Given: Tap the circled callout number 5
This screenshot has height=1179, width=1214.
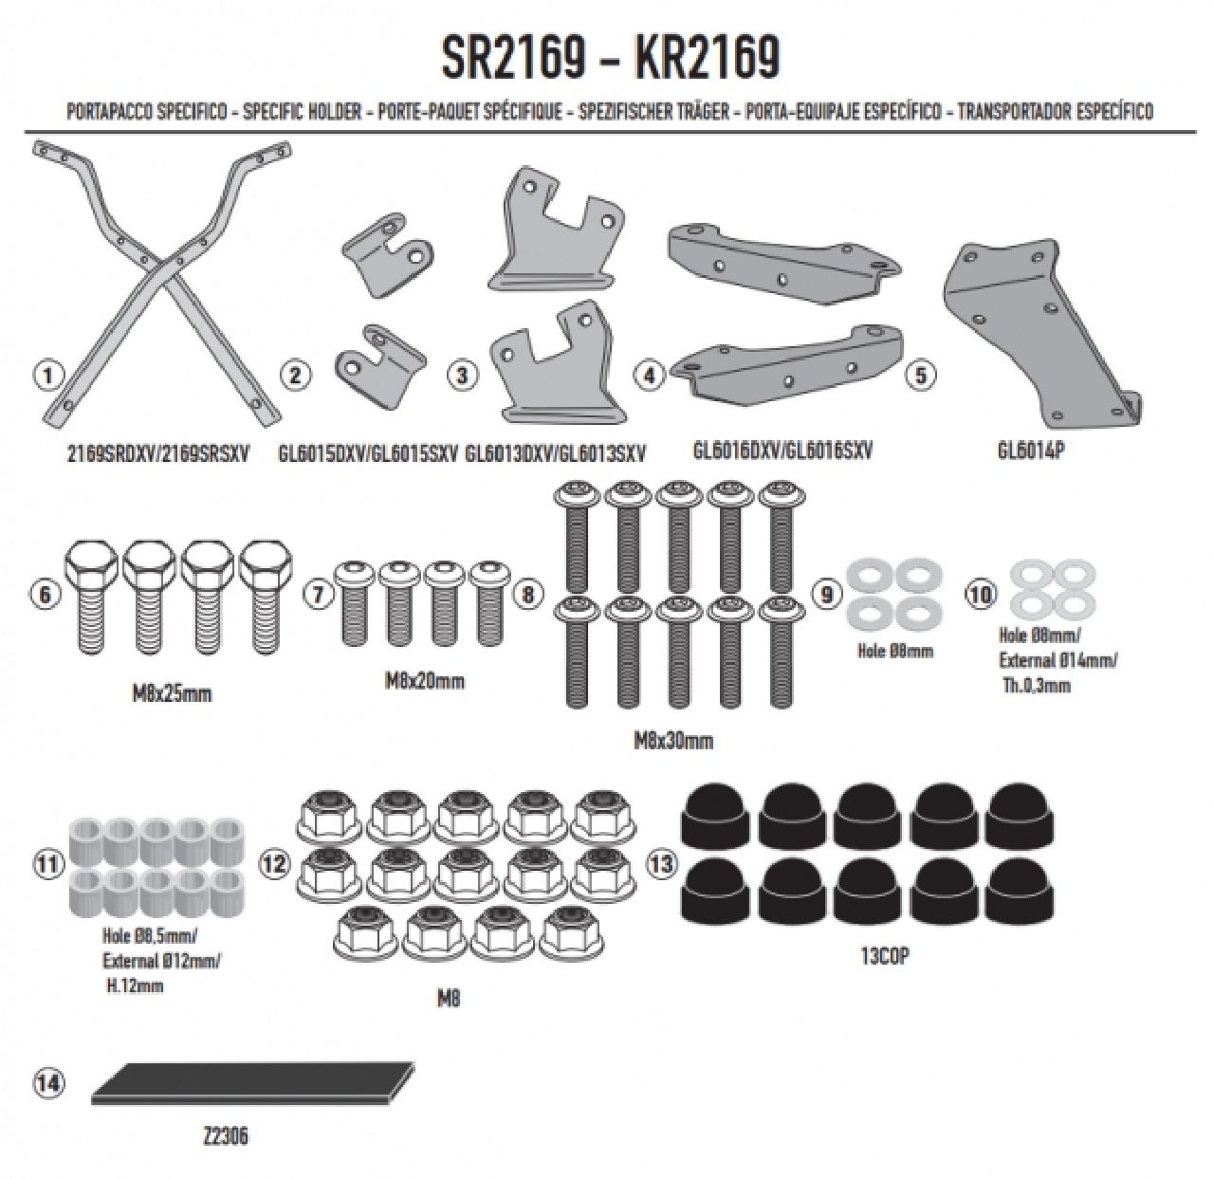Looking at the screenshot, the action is tap(922, 376).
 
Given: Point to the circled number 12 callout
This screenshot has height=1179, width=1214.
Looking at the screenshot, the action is tap(274, 863).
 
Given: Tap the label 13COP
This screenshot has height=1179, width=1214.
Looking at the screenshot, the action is tap(884, 957).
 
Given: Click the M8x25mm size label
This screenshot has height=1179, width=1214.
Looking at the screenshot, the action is tap(173, 693).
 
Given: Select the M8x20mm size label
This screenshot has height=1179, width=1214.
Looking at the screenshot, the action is tap(424, 681).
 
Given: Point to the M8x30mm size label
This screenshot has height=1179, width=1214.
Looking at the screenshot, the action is tap(673, 741).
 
